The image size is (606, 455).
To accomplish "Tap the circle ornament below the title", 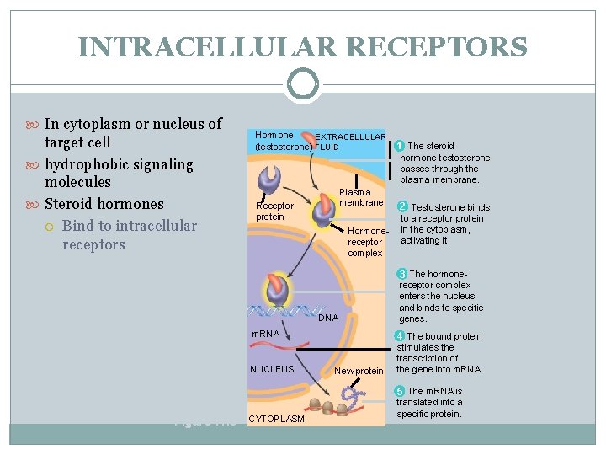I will click(x=303, y=84).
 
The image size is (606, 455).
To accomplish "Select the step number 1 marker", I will click(x=399, y=146).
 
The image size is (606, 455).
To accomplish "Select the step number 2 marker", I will click(x=402, y=206).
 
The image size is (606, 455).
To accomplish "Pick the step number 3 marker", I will click(x=402, y=274).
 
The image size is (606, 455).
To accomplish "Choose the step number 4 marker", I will click(x=401, y=336).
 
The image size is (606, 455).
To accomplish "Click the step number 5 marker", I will click(x=401, y=391).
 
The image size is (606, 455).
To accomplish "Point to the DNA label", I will click(x=328, y=318).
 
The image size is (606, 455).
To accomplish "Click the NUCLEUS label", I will click(x=272, y=369).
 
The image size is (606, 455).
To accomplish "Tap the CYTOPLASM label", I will click(x=277, y=419).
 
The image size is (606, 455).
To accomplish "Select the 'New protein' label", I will click(x=359, y=371).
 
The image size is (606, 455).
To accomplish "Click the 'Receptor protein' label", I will click(x=274, y=211).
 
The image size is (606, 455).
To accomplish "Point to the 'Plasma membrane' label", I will click(x=360, y=197).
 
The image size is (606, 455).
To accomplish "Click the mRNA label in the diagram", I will click(x=266, y=335).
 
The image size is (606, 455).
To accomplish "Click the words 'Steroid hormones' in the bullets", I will click(x=104, y=204).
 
